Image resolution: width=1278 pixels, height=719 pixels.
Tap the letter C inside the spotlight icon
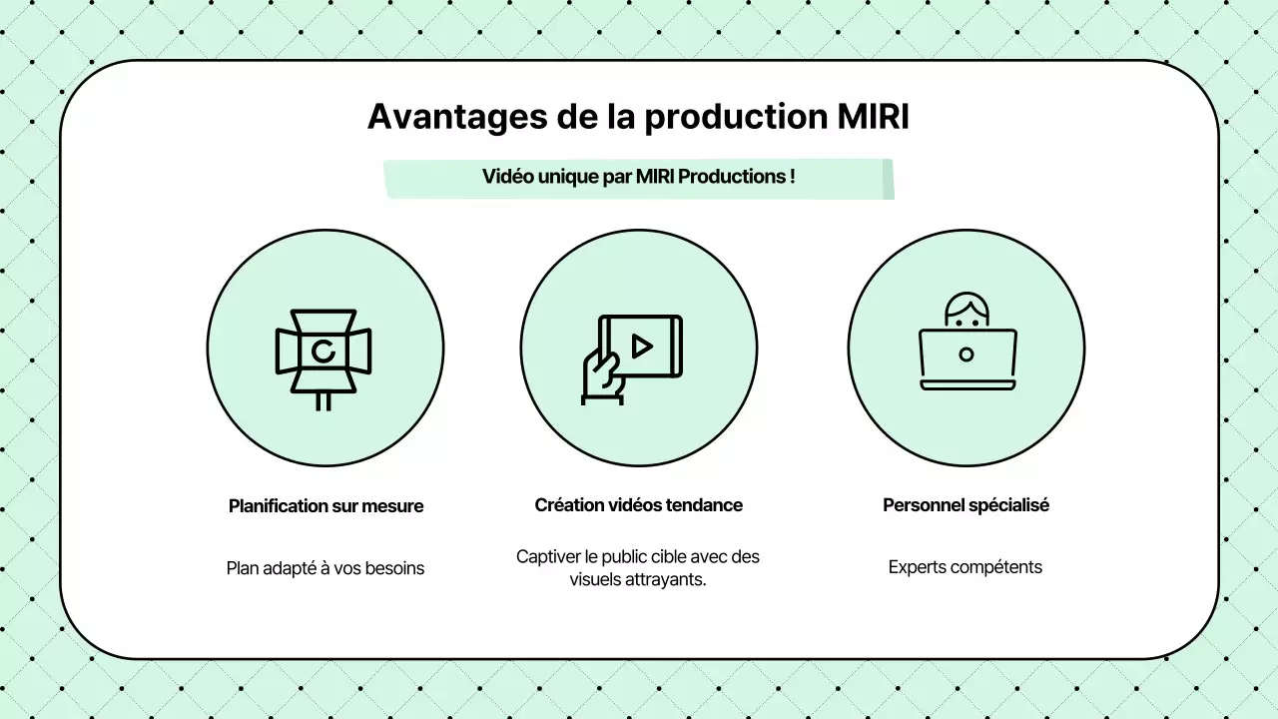[x=322, y=351]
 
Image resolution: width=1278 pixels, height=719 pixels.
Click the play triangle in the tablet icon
[x=642, y=347]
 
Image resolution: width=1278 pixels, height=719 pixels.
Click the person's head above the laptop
[x=965, y=311]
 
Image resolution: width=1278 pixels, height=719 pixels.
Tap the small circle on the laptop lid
[x=965, y=355]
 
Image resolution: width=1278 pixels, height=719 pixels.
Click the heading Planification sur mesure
[x=325, y=506]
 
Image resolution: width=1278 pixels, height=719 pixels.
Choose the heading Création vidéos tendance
[x=638, y=505]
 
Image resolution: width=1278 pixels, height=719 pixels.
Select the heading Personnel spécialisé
[x=965, y=505]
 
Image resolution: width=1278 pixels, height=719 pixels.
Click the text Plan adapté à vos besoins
[x=325, y=568]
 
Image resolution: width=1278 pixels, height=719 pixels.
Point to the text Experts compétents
[x=965, y=567]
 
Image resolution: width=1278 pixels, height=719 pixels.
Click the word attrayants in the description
[x=668, y=579]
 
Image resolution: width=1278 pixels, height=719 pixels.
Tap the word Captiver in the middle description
[x=548, y=556]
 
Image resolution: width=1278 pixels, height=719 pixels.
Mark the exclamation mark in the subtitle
[x=792, y=177]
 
